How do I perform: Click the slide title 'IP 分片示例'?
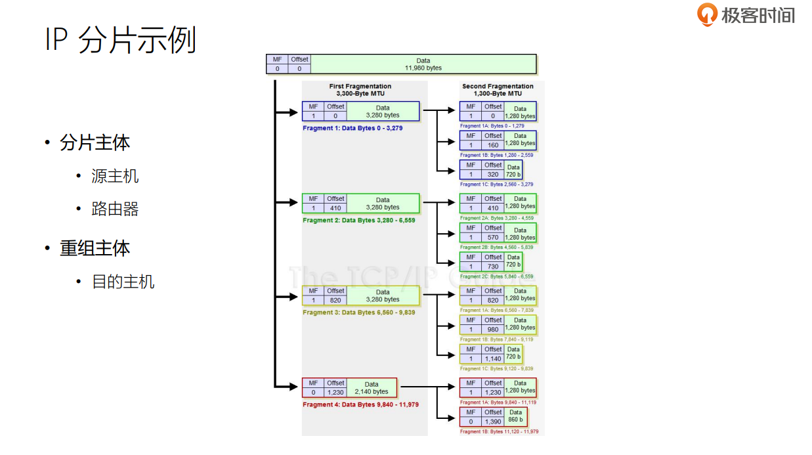click(121, 40)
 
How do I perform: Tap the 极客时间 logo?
click(746, 15)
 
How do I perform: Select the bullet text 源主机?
click(116, 176)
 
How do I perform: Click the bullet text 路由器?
click(116, 209)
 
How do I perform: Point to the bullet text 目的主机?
click(123, 282)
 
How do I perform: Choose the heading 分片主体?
click(95, 142)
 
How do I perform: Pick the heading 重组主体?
click(95, 248)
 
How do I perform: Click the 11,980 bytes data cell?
click(423, 64)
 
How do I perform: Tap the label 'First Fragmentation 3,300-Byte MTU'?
click(360, 90)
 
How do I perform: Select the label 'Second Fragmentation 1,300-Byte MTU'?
click(498, 90)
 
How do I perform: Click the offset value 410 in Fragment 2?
click(335, 208)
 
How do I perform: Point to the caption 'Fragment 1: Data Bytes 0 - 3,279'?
click(353, 128)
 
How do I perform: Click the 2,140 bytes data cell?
click(372, 388)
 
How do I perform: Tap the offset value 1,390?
click(493, 422)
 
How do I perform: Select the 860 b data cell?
click(515, 416)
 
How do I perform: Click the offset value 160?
click(493, 145)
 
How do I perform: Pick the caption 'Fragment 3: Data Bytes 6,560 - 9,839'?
click(358, 313)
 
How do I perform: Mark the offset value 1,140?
click(493, 358)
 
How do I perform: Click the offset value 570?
click(493, 237)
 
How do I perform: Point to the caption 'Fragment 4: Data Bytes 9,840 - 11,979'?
click(360, 404)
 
